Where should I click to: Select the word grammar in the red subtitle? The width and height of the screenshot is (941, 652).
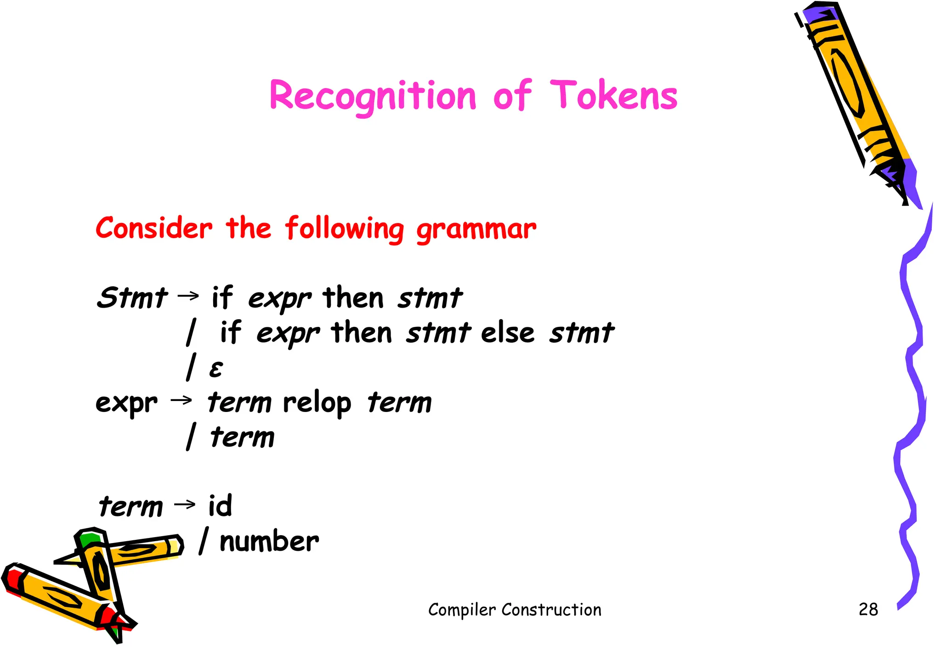[476, 229]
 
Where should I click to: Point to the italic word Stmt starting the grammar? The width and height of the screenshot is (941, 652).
[132, 297]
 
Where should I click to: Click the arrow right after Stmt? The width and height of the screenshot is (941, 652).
[188, 295]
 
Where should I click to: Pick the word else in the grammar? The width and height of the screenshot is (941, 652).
[507, 332]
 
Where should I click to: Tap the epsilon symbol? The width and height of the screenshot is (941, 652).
[216, 369]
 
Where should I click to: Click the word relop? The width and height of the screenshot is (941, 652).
[317, 403]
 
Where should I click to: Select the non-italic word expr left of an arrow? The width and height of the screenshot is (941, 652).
[126, 403]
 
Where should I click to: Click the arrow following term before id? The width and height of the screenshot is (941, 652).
[185, 504]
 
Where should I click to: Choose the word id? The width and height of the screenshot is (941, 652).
[220, 505]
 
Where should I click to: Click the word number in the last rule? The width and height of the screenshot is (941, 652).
[269, 541]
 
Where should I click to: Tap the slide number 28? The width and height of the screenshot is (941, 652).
[868, 609]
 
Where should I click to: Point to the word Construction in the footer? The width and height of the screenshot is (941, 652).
[551, 610]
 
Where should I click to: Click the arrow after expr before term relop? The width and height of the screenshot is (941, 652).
[181, 400]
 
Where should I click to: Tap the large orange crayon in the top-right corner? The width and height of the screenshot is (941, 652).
[855, 97]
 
